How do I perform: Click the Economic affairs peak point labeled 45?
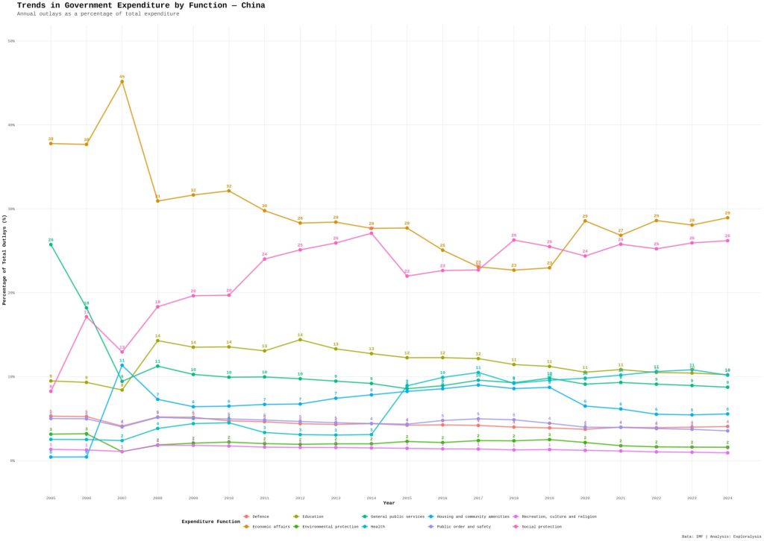122,81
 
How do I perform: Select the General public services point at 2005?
51,244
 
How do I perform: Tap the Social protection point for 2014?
371,233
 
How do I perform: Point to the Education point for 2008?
157,341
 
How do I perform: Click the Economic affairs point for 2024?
727,218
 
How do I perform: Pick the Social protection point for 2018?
513,240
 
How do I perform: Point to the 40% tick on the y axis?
12,125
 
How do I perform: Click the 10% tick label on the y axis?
12,377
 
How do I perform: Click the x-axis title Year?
389,503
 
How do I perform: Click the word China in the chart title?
250,5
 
